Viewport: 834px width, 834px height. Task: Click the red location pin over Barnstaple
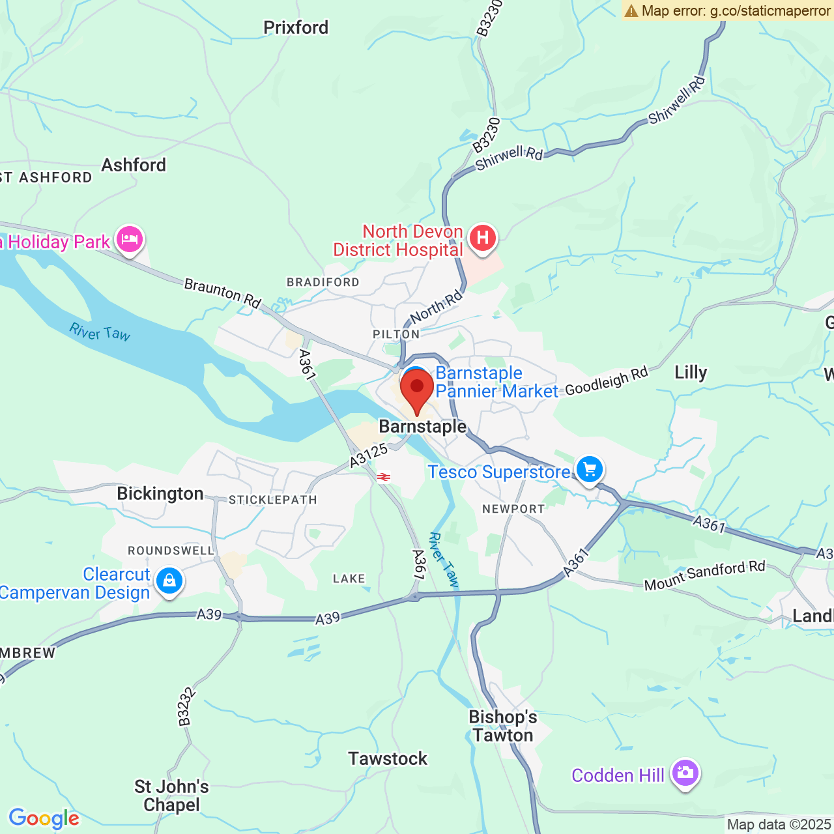(x=417, y=389)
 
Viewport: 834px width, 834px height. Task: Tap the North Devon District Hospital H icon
(x=482, y=238)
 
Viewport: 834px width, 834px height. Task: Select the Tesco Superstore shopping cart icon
(x=589, y=469)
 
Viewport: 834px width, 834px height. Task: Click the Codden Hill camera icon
(x=684, y=773)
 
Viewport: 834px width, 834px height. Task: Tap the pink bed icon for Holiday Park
(x=130, y=240)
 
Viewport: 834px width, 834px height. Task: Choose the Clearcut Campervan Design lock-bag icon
(x=169, y=580)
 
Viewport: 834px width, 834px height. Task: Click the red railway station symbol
(x=384, y=477)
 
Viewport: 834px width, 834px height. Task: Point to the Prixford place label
(x=296, y=27)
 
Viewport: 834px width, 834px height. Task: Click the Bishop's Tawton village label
(x=503, y=726)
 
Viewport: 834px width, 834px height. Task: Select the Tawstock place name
(x=388, y=758)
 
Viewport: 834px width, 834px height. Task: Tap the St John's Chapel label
(x=171, y=796)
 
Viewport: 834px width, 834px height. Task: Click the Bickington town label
(x=160, y=493)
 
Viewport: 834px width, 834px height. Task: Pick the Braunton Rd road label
(x=222, y=293)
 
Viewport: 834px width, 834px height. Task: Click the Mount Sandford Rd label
(x=704, y=575)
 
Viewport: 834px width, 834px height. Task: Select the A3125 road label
(x=368, y=455)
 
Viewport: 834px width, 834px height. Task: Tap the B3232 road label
(x=185, y=706)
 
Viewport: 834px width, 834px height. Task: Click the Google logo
(x=44, y=818)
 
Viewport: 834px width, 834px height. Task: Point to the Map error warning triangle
(x=631, y=10)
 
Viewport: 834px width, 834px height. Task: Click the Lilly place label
(x=690, y=372)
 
